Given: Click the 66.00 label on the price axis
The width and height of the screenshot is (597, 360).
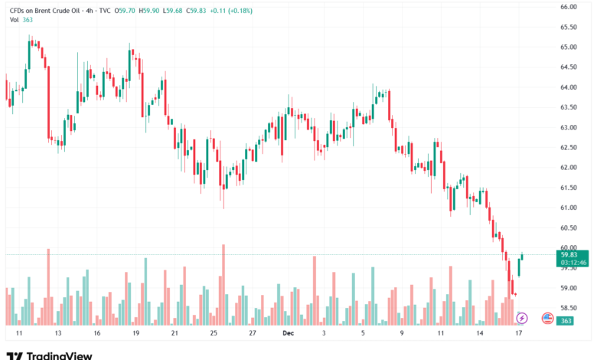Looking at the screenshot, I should [x=568, y=6].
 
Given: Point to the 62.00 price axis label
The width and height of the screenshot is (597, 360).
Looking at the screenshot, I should [x=568, y=167].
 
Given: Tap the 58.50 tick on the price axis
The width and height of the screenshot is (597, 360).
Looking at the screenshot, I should [x=568, y=308].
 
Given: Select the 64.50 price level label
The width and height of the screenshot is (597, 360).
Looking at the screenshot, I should [x=568, y=67].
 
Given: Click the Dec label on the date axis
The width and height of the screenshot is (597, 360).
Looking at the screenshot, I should [x=288, y=334].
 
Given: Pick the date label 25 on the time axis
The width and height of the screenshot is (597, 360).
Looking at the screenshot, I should [x=214, y=334].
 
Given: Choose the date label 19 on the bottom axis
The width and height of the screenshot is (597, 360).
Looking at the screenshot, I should [x=135, y=334].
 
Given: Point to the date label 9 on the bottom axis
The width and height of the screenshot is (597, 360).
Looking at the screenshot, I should [x=401, y=334].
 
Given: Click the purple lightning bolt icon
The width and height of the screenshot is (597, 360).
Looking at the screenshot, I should [x=522, y=317].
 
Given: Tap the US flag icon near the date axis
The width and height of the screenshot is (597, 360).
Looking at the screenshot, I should [x=546, y=317].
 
